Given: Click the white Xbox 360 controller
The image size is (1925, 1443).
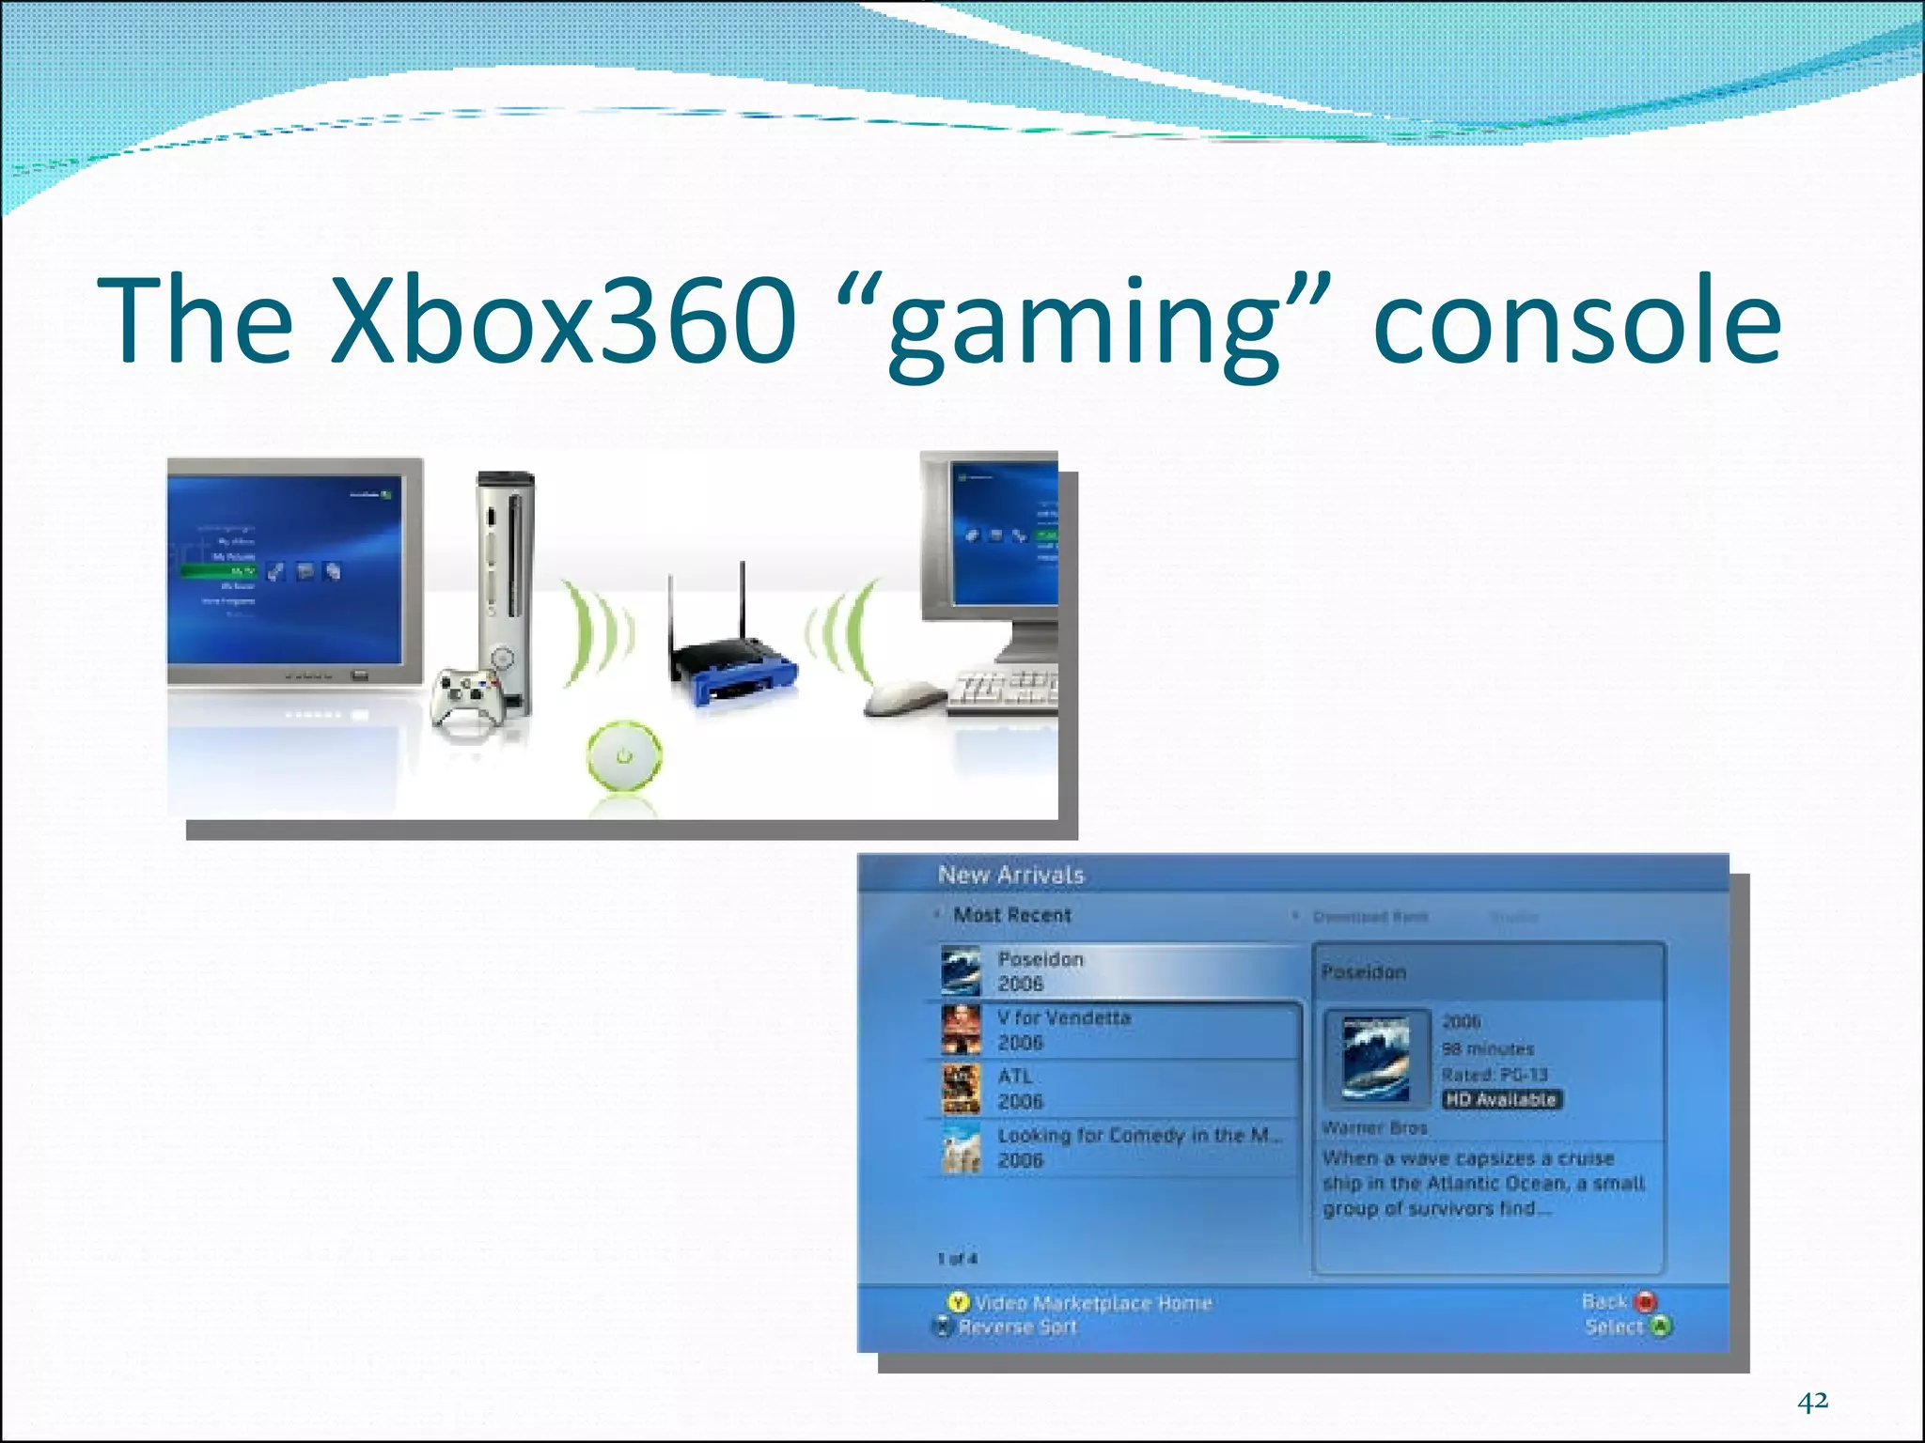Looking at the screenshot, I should (467, 696).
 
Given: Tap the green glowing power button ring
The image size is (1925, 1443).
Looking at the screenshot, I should (624, 755).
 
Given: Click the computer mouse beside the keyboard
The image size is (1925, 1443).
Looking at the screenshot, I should (901, 698).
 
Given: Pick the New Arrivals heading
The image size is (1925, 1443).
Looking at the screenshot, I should (1010, 876).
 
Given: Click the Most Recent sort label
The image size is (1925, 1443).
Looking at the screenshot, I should (1011, 915).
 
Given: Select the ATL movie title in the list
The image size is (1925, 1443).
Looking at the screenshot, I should (1015, 1077).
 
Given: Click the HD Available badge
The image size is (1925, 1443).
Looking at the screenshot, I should (1501, 1100).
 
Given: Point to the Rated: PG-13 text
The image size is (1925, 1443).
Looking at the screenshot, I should (1495, 1075).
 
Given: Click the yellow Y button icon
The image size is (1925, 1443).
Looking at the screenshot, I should (958, 1303).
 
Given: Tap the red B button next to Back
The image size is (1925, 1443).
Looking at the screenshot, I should (1645, 1302).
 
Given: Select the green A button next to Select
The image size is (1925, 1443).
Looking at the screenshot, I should (1662, 1327).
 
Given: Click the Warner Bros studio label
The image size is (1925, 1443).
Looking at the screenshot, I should (1374, 1127).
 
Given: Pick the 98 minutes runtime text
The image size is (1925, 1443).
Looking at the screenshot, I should (1488, 1048).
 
